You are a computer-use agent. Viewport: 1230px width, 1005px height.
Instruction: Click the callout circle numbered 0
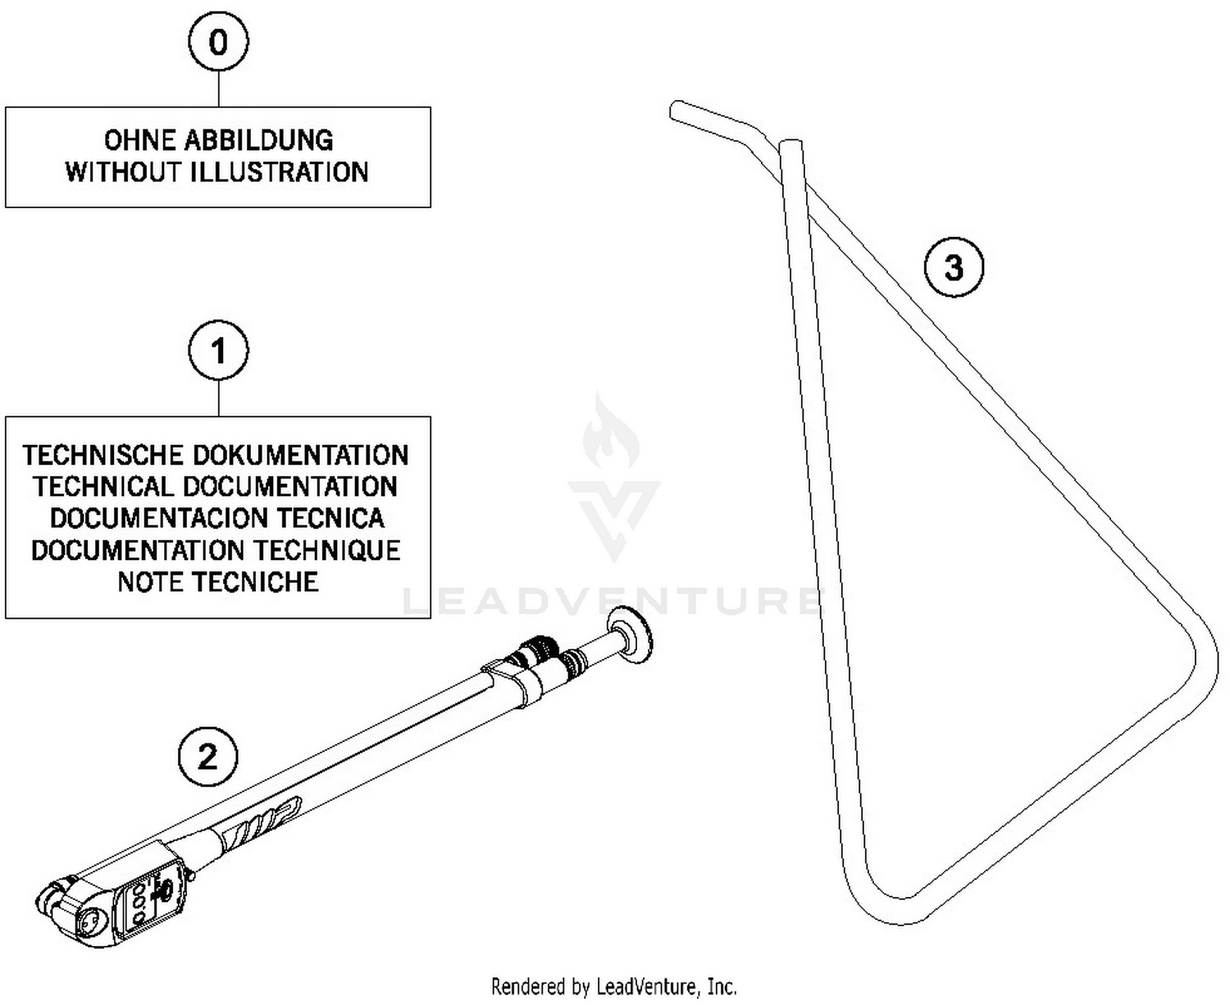click(218, 42)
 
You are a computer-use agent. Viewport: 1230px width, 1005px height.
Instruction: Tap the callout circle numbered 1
click(218, 352)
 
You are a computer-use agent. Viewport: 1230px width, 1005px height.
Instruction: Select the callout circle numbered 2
click(207, 756)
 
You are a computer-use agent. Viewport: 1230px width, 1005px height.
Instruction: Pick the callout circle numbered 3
click(954, 267)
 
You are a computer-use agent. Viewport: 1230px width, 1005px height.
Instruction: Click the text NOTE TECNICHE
click(218, 582)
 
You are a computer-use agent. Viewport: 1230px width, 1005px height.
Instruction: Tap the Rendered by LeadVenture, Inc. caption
click(613, 986)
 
